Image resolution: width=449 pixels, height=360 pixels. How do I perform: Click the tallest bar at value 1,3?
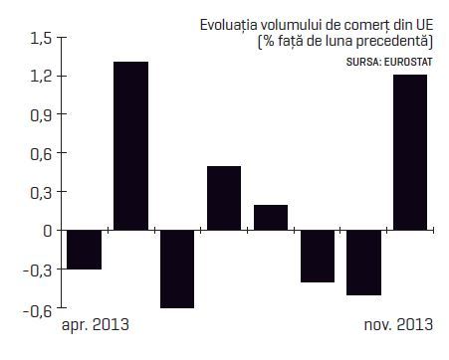click(130, 146)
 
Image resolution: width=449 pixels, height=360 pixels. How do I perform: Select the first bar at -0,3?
click(85, 250)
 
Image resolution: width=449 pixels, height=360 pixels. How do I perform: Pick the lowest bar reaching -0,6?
click(177, 270)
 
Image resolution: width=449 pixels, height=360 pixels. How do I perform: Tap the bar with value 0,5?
click(224, 198)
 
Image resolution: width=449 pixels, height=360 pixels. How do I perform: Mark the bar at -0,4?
click(318, 257)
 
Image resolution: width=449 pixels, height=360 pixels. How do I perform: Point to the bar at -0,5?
click(364, 263)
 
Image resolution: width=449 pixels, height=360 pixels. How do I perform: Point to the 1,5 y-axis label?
click(41, 38)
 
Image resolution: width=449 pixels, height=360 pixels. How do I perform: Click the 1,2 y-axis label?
click(41, 77)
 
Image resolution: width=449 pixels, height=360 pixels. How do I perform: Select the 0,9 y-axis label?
click(41, 115)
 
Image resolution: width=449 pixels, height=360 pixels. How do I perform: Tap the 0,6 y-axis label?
click(41, 154)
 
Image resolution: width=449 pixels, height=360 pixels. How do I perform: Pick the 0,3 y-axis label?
click(41, 193)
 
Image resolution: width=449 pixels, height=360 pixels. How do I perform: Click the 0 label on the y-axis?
click(48, 231)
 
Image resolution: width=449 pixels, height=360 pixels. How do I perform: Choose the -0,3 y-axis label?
click(38, 270)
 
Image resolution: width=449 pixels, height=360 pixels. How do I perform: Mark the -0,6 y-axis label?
click(38, 311)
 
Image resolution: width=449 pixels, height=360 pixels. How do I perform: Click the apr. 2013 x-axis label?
click(96, 324)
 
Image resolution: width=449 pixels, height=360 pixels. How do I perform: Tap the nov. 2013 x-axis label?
click(398, 324)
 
